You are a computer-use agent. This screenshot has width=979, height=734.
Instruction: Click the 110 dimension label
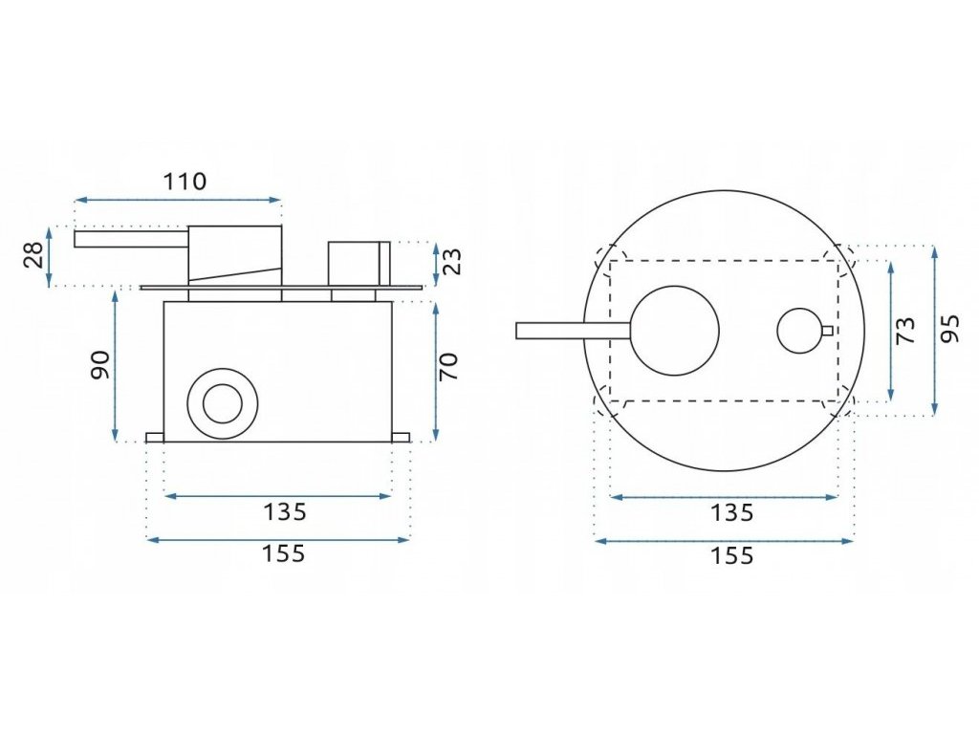[185, 181]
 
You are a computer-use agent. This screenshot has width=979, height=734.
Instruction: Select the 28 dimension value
[33, 255]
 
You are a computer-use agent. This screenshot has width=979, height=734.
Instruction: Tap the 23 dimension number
[452, 261]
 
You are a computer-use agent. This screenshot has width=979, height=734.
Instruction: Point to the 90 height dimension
[100, 364]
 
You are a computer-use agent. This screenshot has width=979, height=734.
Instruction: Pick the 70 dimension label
[449, 365]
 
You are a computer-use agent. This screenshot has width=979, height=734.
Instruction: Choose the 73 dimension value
[905, 330]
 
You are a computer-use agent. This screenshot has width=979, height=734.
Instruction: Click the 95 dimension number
[949, 330]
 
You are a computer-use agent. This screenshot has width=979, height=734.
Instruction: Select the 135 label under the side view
[284, 512]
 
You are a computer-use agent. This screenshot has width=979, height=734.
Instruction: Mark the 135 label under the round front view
[731, 513]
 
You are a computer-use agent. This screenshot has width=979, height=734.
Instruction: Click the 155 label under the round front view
[731, 555]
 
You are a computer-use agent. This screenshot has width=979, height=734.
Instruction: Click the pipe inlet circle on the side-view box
[223, 402]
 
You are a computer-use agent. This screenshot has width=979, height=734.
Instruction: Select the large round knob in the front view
[674, 330]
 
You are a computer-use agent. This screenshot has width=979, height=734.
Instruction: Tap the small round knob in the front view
[799, 331]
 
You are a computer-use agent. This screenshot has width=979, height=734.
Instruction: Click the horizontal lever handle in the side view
[131, 238]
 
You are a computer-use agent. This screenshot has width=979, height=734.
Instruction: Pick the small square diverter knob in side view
[358, 260]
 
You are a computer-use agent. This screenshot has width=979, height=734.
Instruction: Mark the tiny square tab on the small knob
[826, 331]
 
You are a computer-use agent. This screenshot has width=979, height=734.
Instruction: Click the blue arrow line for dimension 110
[179, 201]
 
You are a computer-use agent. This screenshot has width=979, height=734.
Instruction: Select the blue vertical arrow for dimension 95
[934, 330]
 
